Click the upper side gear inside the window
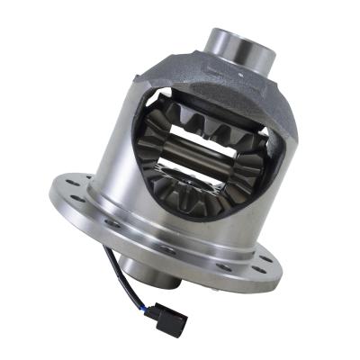(x=212, y=126)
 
